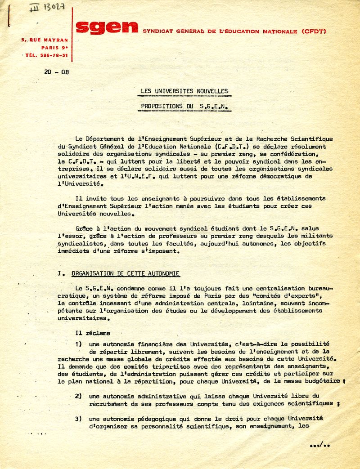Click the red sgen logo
pyautogui.click(x=107, y=28)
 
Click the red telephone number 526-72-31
pyautogui.click(x=53, y=55)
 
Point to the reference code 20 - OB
pyautogui.click(x=57, y=72)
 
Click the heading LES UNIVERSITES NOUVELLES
pyautogui.click(x=184, y=91)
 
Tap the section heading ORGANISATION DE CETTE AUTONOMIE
pyautogui.click(x=126, y=273)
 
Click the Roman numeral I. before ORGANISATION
pyautogui.click(x=61, y=273)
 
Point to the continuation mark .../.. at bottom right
pyautogui.click(x=320, y=446)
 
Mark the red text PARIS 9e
pyautogui.click(x=54, y=47)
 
